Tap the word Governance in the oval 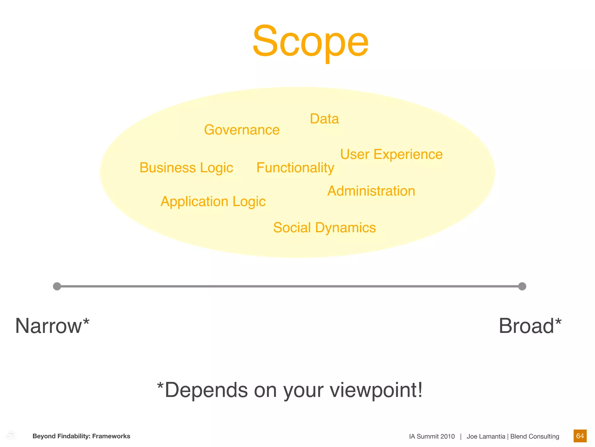(x=242, y=130)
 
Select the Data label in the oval (x=324, y=119)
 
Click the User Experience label (x=391, y=154)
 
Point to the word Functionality (x=295, y=168)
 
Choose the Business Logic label (x=186, y=168)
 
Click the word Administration (x=371, y=191)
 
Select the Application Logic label (x=213, y=202)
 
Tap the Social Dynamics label (x=325, y=228)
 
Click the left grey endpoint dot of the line (x=57, y=286)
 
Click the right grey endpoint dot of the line (x=522, y=286)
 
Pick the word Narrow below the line (x=49, y=326)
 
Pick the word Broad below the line (x=526, y=326)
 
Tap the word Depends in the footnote (x=206, y=390)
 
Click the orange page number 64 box (x=580, y=436)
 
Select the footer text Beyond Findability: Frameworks (x=81, y=436)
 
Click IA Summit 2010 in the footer (x=432, y=437)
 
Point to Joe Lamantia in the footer (x=486, y=437)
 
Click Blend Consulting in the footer (x=535, y=437)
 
